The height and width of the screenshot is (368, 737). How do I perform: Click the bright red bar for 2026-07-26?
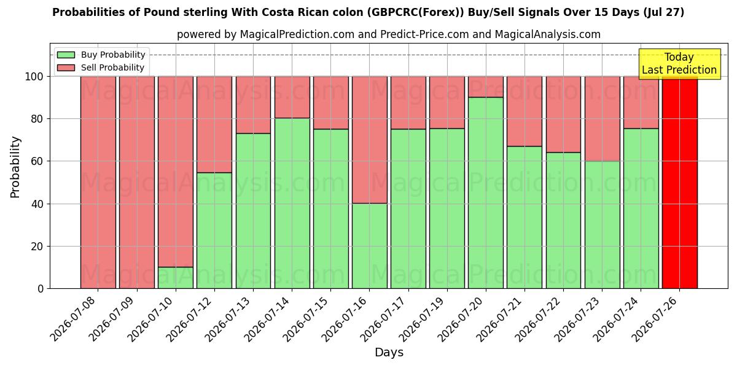pyautogui.click(x=680, y=183)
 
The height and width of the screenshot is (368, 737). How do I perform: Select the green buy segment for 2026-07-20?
pyautogui.click(x=486, y=193)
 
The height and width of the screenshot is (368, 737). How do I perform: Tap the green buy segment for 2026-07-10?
pyautogui.click(x=176, y=278)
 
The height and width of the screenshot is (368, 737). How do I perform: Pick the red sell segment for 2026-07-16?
pyautogui.click(x=370, y=140)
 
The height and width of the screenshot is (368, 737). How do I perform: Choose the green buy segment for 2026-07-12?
pyautogui.click(x=214, y=231)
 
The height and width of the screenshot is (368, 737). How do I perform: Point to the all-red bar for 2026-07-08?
pyautogui.click(x=98, y=183)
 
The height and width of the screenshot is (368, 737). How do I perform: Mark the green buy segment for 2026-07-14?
pyautogui.click(x=292, y=204)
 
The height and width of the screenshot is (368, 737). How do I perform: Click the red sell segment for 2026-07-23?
pyautogui.click(x=602, y=119)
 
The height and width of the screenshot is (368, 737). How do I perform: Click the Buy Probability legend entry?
pyautogui.click(x=101, y=55)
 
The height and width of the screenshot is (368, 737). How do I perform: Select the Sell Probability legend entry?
pyautogui.click(x=101, y=67)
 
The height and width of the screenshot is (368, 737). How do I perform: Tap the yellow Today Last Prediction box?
pyautogui.click(x=679, y=64)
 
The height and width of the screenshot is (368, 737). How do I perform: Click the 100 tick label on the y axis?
pyautogui.click(x=34, y=77)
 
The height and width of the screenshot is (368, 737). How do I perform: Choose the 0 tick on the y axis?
pyautogui.click(x=41, y=289)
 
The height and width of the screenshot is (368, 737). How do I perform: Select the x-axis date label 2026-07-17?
pyautogui.click(x=383, y=320)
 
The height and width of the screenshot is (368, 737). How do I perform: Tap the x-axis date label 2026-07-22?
pyautogui.click(x=537, y=320)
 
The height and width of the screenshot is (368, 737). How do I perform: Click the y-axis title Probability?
pyautogui.click(x=15, y=167)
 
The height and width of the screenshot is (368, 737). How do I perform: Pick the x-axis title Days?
pyautogui.click(x=389, y=353)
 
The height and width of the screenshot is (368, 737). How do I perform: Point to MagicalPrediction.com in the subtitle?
pyautogui.click(x=297, y=34)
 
